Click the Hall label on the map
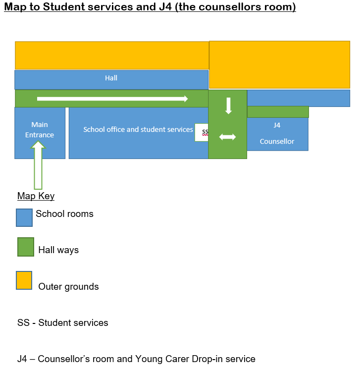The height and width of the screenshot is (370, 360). pyautogui.click(x=111, y=78)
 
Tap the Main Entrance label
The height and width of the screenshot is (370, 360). pyautogui.click(x=40, y=130)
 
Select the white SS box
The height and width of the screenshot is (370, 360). pyautogui.click(x=202, y=132)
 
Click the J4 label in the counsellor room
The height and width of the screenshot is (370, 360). pyautogui.click(x=277, y=125)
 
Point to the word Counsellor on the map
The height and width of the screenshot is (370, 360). pyautogui.click(x=277, y=141)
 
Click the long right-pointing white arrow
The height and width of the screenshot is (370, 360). pyautogui.click(x=112, y=99)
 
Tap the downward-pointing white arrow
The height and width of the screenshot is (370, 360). pyautogui.click(x=228, y=106)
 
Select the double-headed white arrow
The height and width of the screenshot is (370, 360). pyautogui.click(x=227, y=137)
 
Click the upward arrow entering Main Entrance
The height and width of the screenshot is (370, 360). pyautogui.click(x=38, y=165)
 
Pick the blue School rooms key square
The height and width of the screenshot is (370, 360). pyautogui.click(x=24, y=217)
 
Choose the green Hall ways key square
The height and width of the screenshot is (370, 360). pyautogui.click(x=26, y=247)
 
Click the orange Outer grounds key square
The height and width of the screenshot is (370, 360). pyautogui.click(x=24, y=280)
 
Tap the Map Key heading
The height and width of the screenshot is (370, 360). pyautogui.click(x=36, y=196)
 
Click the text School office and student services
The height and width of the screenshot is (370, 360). pyautogui.click(x=138, y=129)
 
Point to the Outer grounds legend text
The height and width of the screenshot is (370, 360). pyautogui.click(x=68, y=287)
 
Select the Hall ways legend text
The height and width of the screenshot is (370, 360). pyautogui.click(x=58, y=250)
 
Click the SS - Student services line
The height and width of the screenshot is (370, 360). pyautogui.click(x=62, y=322)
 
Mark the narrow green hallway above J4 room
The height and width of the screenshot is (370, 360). pyautogui.click(x=278, y=112)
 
